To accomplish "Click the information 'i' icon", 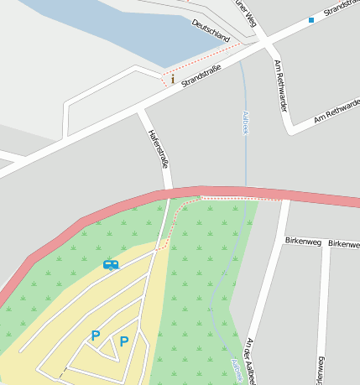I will (x=173, y=80).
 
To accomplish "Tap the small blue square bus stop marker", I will (x=310, y=19).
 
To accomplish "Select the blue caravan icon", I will (x=111, y=265).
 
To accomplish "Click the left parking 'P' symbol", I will (x=96, y=336).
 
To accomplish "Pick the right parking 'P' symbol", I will (x=124, y=341).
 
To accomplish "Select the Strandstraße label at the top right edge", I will (x=340, y=8).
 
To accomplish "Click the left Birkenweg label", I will (x=303, y=241).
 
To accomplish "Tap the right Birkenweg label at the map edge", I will (x=344, y=243).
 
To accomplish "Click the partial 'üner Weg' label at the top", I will (x=244, y=8).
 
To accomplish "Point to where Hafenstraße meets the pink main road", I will (x=169, y=194).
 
